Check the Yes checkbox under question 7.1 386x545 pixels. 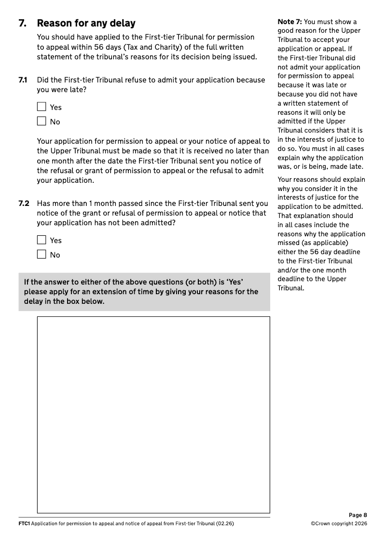click(x=41, y=107)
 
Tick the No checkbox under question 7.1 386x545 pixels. click(x=41, y=122)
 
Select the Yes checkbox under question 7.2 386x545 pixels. click(x=41, y=240)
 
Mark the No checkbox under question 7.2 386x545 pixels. click(x=41, y=255)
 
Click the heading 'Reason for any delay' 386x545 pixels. click(x=86, y=23)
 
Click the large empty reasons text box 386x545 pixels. click(x=153, y=415)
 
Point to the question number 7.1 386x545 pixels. click(x=23, y=80)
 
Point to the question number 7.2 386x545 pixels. click(x=24, y=204)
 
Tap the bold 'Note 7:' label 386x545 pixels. click(x=289, y=22)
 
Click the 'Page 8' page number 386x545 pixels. click(x=358, y=515)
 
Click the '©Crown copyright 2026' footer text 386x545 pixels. click(x=339, y=524)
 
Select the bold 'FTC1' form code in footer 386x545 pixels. click(x=24, y=524)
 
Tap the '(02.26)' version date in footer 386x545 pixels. click(x=225, y=524)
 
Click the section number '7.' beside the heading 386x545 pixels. click(x=22, y=23)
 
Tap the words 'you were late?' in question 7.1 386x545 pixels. click(x=62, y=90)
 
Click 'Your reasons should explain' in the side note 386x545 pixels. click(x=321, y=180)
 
